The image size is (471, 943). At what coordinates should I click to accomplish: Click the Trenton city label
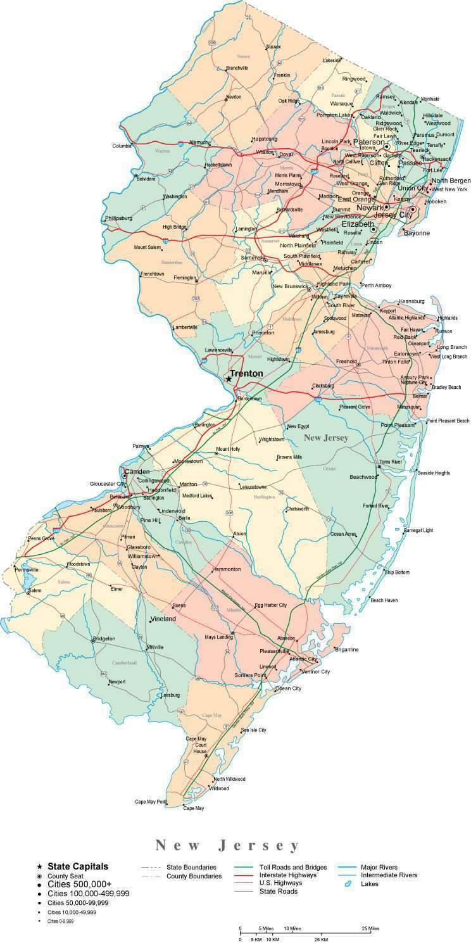246,374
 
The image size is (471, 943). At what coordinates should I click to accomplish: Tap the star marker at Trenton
229,379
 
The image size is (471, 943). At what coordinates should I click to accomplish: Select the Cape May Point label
151,802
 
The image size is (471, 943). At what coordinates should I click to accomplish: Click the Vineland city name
163,619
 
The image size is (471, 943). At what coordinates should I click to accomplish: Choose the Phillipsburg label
118,218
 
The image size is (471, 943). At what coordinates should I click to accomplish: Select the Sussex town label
273,46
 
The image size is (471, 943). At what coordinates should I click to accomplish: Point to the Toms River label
391,462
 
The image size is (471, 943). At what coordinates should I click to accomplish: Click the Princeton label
263,332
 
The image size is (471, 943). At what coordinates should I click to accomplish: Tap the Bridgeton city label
104,638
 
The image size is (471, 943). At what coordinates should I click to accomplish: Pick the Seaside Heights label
433,472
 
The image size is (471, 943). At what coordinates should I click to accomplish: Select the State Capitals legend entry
78,866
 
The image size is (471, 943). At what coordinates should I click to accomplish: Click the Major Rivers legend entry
379,867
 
